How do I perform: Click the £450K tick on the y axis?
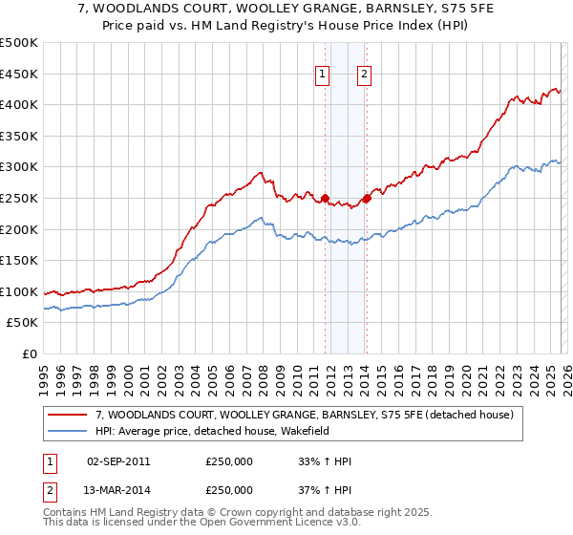pyautogui.click(x=19, y=74)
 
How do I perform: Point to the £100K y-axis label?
pyautogui.click(x=19, y=291)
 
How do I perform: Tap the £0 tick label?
pyautogui.click(x=29, y=354)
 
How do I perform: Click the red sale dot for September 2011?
pyautogui.click(x=325, y=199)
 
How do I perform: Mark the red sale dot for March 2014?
pyautogui.click(x=367, y=199)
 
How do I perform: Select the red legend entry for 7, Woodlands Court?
pyautogui.click(x=305, y=415)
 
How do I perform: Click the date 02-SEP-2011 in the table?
pyautogui.click(x=118, y=461)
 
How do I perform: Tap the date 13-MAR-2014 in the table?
pyautogui.click(x=118, y=489)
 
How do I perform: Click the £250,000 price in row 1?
pyautogui.click(x=229, y=461)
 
